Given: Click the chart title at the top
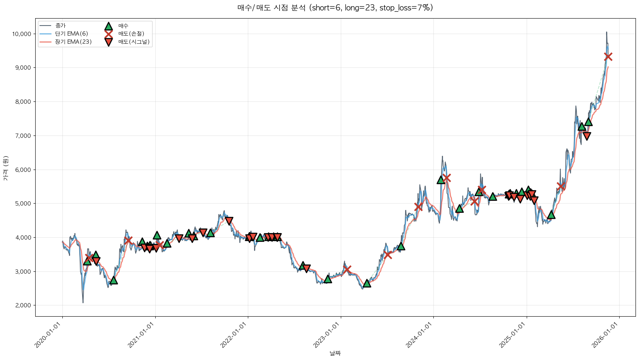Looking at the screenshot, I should click(x=335, y=8).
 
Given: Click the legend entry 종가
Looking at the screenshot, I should click(x=60, y=26).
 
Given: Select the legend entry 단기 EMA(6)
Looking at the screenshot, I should click(x=72, y=34).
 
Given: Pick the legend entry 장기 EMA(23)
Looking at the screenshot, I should click(x=73, y=42).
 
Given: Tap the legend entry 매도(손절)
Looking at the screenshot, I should click(x=131, y=34).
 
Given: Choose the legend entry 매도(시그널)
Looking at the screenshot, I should click(x=134, y=42).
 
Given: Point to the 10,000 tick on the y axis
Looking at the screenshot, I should click(x=21, y=34).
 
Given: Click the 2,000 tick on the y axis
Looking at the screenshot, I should click(x=22, y=305).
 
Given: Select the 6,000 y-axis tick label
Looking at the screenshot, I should click(x=22, y=170).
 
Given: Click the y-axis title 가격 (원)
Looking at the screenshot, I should click(x=5, y=168).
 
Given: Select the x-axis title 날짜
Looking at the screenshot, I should click(x=335, y=353).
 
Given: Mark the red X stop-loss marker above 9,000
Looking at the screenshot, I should click(x=608, y=57).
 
